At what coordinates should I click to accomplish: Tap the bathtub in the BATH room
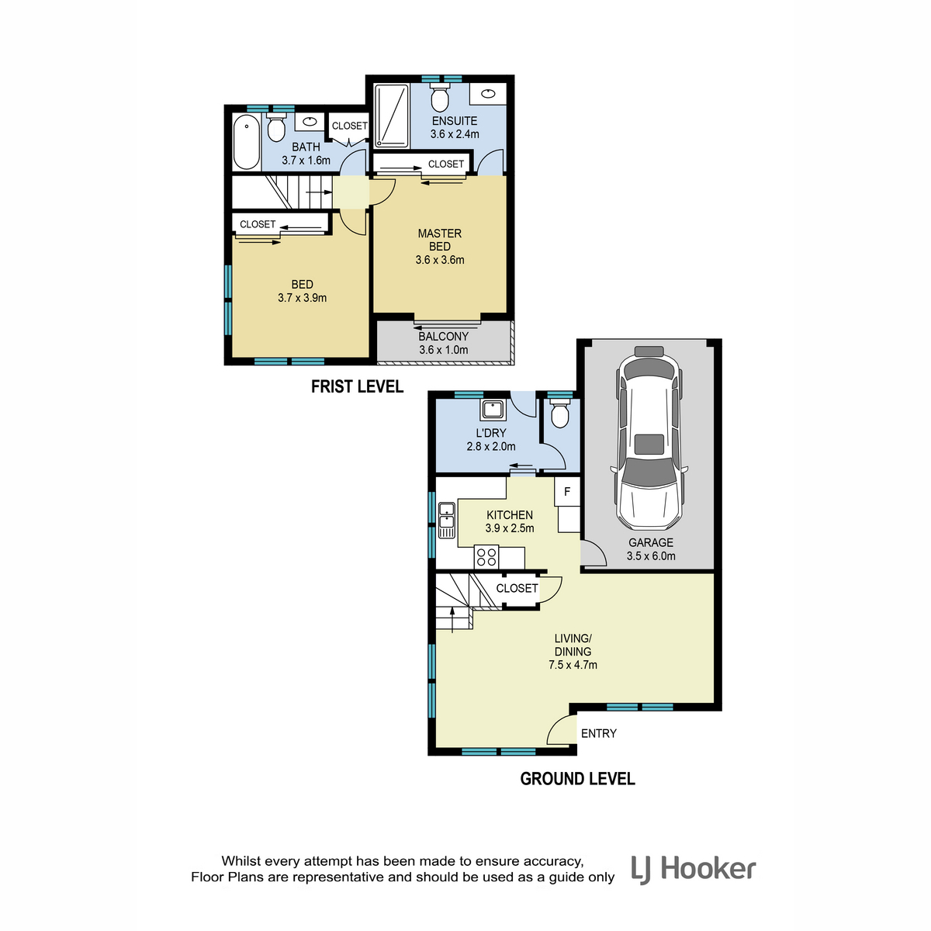[247, 141]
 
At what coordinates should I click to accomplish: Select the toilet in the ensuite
[440, 97]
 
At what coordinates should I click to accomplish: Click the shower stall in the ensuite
[392, 116]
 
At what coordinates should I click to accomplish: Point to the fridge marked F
[567, 491]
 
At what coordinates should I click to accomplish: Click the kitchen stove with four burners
[486, 556]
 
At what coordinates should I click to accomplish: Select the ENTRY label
[599, 733]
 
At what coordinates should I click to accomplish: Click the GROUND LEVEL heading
[577, 778]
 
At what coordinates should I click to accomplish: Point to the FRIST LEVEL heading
[357, 386]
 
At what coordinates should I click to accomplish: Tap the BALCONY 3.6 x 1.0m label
[444, 343]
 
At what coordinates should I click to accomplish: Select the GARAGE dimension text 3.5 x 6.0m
[651, 556]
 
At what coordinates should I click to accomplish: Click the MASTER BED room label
[440, 240]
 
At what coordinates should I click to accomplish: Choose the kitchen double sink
[446, 520]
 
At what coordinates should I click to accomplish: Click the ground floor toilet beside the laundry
[559, 413]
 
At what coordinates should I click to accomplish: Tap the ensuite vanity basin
[488, 94]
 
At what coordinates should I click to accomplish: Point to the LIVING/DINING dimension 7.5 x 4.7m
[573, 665]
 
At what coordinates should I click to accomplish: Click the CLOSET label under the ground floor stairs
[517, 588]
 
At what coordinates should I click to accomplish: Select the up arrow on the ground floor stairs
[452, 619]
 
